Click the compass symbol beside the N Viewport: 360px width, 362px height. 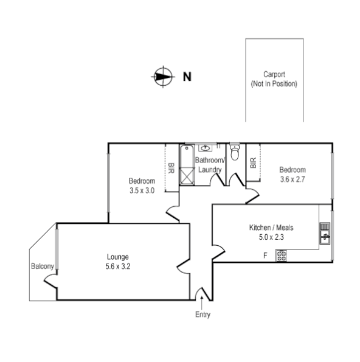(161, 77)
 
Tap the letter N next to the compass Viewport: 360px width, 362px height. (187, 77)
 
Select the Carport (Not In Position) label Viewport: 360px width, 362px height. (274, 78)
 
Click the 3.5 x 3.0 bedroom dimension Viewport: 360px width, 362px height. (142, 190)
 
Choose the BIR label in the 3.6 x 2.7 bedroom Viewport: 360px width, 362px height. (253, 163)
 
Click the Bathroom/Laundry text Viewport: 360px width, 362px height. (209, 165)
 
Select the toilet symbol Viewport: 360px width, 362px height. (235, 151)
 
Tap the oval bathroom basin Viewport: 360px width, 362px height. (207, 147)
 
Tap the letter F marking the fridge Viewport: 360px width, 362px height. (265, 255)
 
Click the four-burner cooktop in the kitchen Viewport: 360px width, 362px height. (282, 255)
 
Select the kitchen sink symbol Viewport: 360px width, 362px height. (325, 234)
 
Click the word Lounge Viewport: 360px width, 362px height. (117, 256)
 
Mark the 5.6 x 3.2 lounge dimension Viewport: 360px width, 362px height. (117, 265)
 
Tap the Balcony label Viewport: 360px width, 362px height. (42, 266)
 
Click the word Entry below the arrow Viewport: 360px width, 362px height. (202, 315)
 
